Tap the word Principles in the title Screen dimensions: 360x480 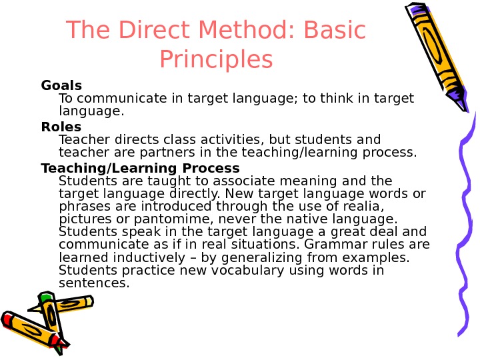pyautogui.click(x=217, y=60)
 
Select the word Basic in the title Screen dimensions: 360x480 pyautogui.click(x=335, y=30)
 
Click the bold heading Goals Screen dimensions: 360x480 pyautogui.click(x=61, y=85)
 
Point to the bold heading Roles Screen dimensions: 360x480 pyautogui.click(x=61, y=126)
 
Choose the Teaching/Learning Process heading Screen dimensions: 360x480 pyautogui.click(x=140, y=167)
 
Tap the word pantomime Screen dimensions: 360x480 pyautogui.click(x=191, y=219)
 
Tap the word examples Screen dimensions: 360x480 pyautogui.click(x=377, y=257)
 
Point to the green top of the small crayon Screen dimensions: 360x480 pyautogui.click(x=45, y=295)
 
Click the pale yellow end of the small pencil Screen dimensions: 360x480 pyautogui.click(x=87, y=302)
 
